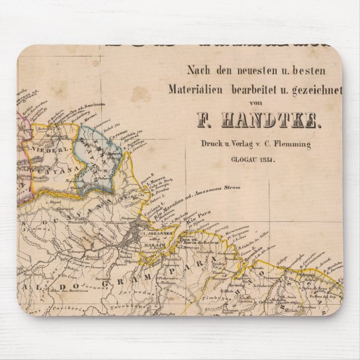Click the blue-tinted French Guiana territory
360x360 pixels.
pyautogui.click(x=98, y=162)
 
